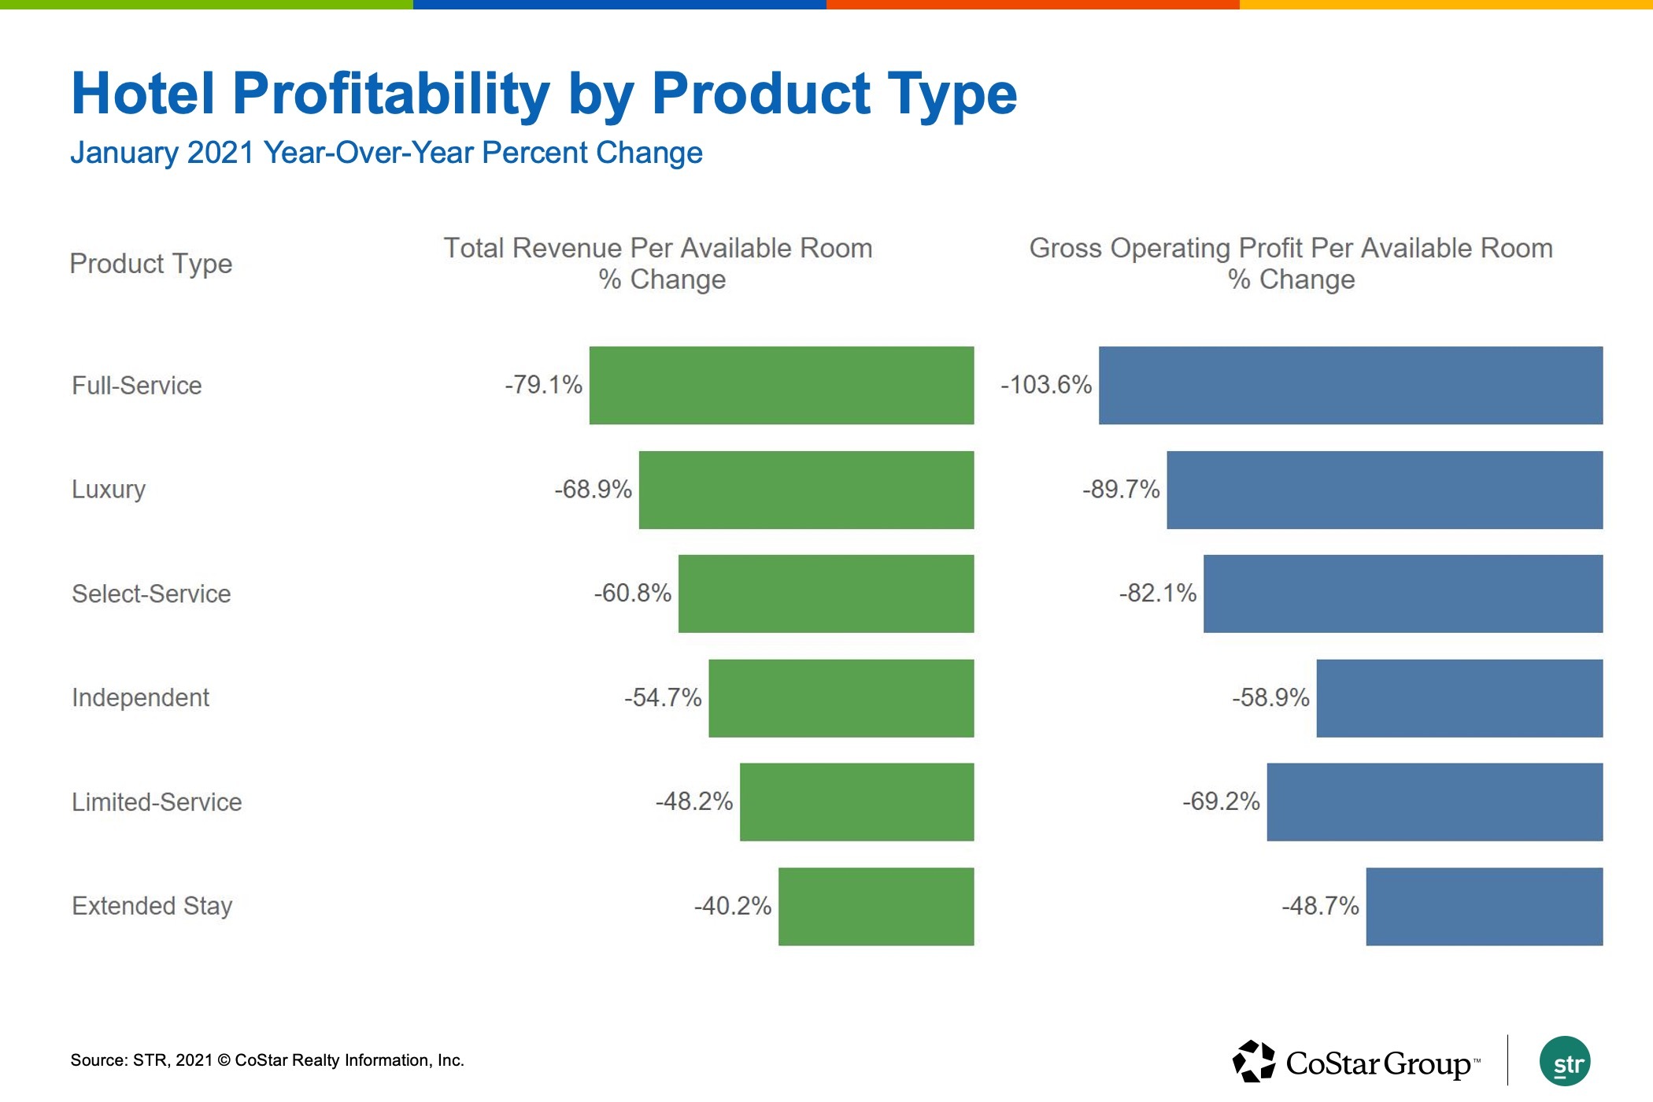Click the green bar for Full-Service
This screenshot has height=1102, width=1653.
tap(782, 385)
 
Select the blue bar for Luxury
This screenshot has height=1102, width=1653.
tap(1385, 490)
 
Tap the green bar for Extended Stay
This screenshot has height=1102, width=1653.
tap(876, 906)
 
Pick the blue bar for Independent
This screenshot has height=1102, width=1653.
tap(1459, 698)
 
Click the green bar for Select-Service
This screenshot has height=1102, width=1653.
tap(826, 594)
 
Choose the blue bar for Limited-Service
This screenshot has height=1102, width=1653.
tap(1434, 801)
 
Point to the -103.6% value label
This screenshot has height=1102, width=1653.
tap(1046, 385)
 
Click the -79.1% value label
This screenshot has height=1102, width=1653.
tap(543, 385)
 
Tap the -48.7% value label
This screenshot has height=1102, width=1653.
tap(1320, 906)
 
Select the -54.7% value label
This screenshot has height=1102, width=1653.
tap(663, 697)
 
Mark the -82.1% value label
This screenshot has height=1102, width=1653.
tap(1158, 593)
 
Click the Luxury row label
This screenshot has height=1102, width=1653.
tap(109, 490)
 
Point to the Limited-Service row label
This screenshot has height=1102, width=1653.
tap(157, 802)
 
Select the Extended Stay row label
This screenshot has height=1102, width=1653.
tap(152, 906)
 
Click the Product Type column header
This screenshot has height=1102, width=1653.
tap(151, 264)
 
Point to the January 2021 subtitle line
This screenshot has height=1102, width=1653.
tap(386, 153)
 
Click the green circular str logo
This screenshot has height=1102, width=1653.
tap(1565, 1062)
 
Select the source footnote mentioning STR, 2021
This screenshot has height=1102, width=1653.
tap(267, 1060)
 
